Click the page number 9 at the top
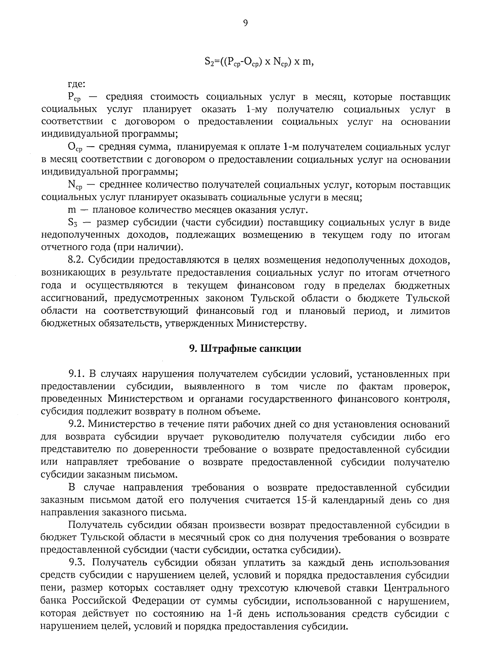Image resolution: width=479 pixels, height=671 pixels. point(245,23)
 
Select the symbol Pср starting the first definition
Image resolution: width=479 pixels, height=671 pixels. point(74,98)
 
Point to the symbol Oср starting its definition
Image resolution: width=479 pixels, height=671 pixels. point(75,148)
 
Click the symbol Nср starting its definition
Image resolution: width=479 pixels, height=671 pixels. point(75,185)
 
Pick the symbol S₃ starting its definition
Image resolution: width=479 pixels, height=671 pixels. point(73,223)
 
